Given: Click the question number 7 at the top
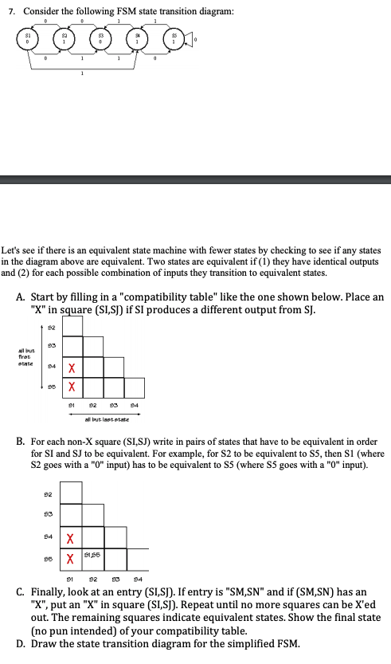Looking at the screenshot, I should pyautogui.click(x=10, y=10).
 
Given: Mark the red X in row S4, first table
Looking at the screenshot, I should pyautogui.click(x=72, y=366).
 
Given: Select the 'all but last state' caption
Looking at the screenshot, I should pyautogui.click(x=108, y=416).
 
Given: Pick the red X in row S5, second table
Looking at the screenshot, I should pyautogui.click(x=72, y=560).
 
